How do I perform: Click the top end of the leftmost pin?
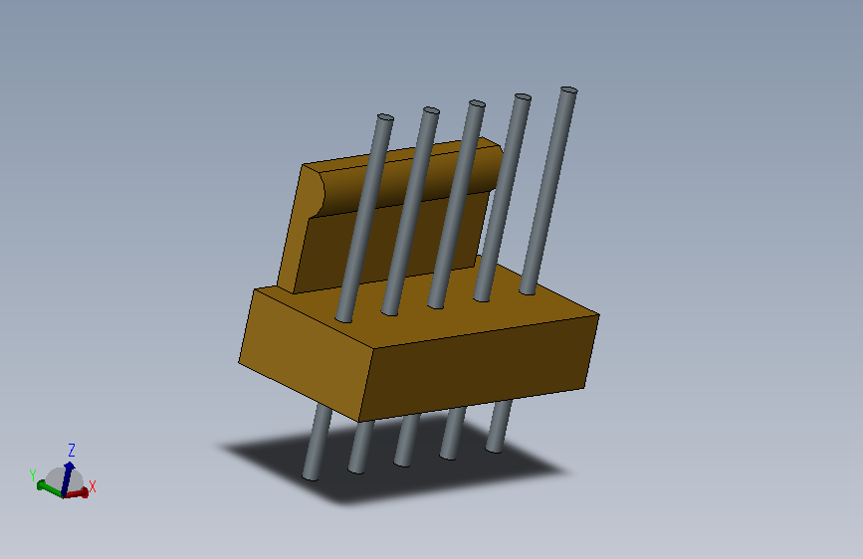[x=384, y=118]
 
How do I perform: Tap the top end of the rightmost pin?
[x=568, y=91]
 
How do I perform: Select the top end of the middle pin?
[x=477, y=103]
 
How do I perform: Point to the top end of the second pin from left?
[x=430, y=110]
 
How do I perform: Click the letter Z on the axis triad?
[x=72, y=450]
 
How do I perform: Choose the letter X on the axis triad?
[x=93, y=486]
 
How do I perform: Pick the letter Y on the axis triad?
[x=33, y=474]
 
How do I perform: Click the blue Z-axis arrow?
[x=69, y=471]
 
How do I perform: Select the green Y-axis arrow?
[x=46, y=486]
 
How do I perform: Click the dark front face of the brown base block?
[x=478, y=368]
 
